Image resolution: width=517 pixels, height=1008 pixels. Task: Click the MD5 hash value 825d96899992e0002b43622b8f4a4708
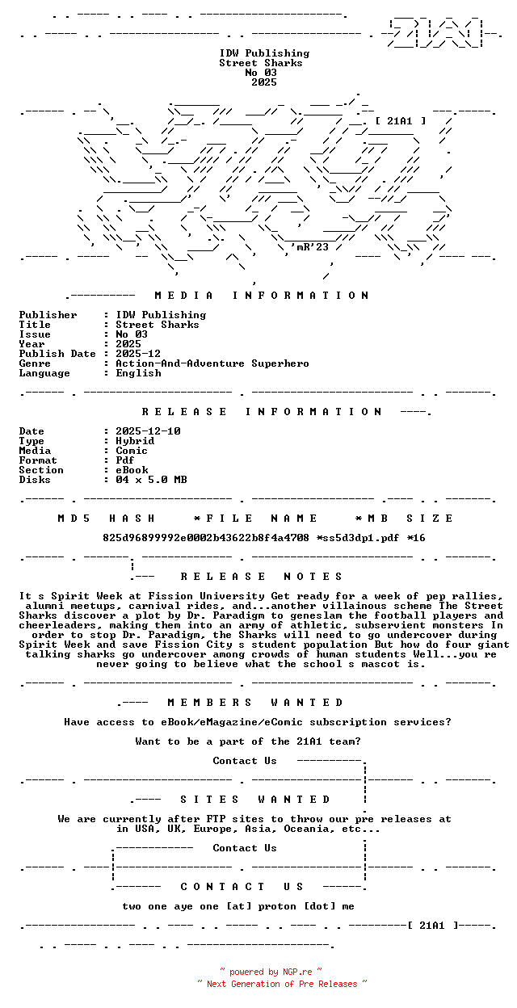[206, 538]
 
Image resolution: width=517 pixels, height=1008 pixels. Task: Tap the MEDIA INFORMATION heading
[262, 296]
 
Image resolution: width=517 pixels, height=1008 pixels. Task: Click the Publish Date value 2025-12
[138, 354]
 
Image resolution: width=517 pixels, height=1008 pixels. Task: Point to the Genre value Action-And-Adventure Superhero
[212, 363]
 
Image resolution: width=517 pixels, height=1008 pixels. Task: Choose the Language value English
[138, 373]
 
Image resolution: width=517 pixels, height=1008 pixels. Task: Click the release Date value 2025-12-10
[148, 431]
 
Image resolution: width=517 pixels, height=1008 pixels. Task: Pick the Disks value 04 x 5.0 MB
[151, 480]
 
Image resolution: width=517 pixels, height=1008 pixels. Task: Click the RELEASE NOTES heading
[262, 577]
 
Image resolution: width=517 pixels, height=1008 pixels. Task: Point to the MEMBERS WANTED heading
[255, 703]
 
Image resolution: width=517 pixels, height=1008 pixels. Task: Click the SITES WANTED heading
[255, 800]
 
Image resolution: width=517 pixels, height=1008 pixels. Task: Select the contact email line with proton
[238, 906]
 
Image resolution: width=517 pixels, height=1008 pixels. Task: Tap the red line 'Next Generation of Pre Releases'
[282, 984]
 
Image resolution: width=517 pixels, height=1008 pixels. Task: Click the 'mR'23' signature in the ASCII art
[312, 247]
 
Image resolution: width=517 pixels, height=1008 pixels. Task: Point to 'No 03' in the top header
[261, 73]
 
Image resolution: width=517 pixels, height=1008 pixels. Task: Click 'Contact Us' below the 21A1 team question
[245, 761]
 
